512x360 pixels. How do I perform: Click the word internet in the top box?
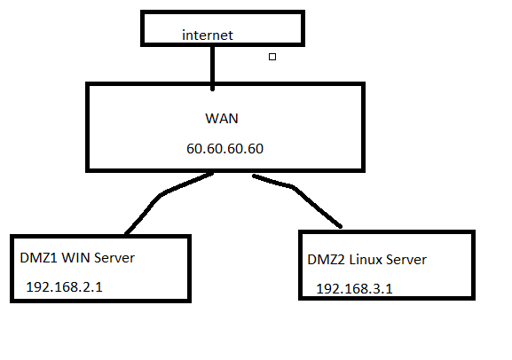point(208,35)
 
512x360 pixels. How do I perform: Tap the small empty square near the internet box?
point(272,57)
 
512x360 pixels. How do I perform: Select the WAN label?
point(222,118)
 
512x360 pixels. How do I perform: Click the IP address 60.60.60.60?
point(225,148)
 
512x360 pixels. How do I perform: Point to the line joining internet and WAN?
point(213,67)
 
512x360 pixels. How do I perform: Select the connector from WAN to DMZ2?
point(295,188)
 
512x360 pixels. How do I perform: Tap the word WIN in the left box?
point(75,258)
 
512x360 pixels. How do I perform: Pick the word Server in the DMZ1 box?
point(114,258)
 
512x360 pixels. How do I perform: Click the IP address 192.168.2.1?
point(64,287)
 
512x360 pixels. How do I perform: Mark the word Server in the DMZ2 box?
point(406,260)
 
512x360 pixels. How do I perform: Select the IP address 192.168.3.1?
point(355,289)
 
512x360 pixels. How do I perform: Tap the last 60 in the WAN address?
point(256,148)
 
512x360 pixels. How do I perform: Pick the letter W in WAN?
point(211,118)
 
